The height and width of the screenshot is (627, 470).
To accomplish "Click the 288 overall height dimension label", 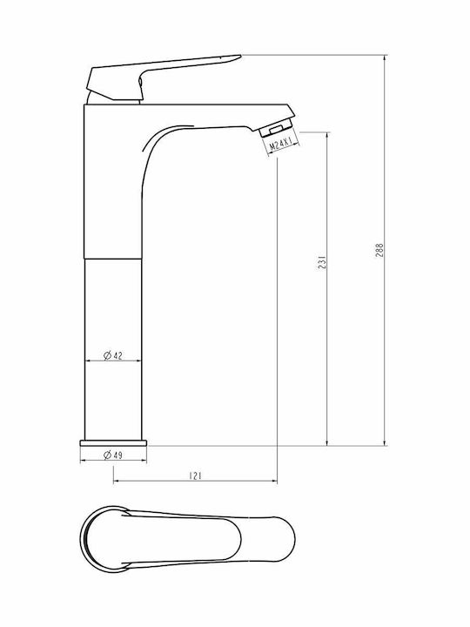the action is [x=379, y=250].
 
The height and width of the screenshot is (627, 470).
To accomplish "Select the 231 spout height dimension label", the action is [x=322, y=262].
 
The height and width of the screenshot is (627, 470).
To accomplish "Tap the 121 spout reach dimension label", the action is [x=195, y=475].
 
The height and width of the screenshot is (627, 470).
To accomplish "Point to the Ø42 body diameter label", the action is [x=112, y=355].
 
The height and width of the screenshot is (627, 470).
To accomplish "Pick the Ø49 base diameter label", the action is [x=112, y=455].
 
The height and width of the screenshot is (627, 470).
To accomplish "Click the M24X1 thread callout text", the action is [x=281, y=143].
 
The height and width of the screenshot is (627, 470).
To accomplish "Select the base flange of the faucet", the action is [x=113, y=443].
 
